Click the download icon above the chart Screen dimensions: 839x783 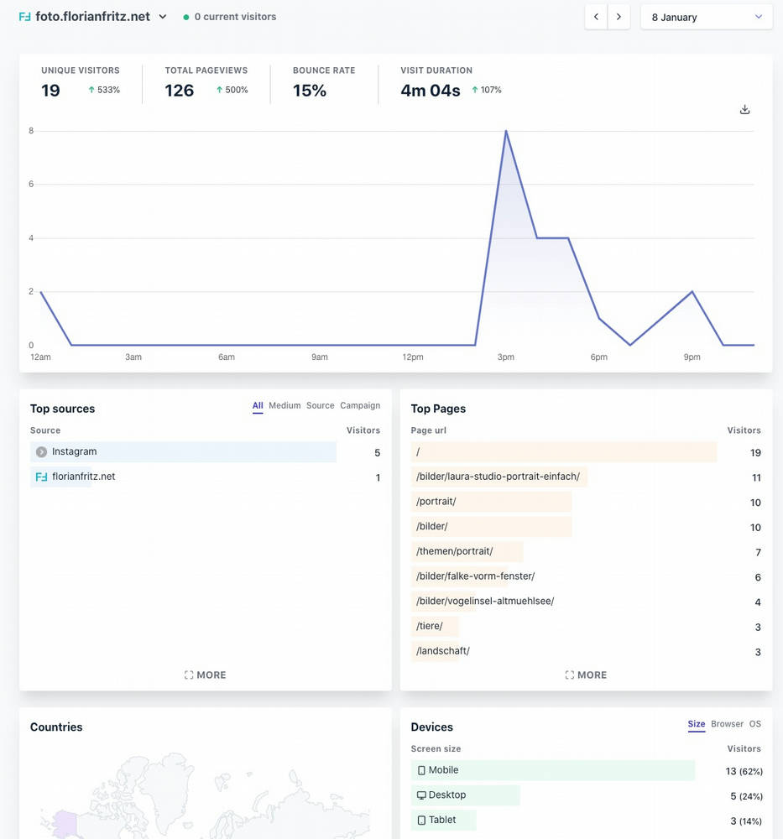tap(744, 110)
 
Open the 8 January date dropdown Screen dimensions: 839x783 tap(707, 17)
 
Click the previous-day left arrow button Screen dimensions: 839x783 tap(596, 17)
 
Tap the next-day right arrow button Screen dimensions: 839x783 tap(619, 17)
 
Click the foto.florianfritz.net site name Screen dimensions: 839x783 tap(92, 17)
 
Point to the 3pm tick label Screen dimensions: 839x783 tap(505, 357)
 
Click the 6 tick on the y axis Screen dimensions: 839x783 tap(31, 185)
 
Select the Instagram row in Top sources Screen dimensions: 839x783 tap(74, 452)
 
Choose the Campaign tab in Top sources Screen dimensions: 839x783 tap(360, 406)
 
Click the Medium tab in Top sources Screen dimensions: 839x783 tap(284, 406)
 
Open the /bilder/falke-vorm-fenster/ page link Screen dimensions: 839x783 tap(475, 576)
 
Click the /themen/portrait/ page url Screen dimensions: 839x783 tap(454, 552)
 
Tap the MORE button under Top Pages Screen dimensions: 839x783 tap(586, 675)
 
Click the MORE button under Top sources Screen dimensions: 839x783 tap(205, 675)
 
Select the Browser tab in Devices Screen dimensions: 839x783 tap(727, 724)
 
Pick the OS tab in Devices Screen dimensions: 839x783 tap(755, 724)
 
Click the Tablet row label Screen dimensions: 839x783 tap(441, 820)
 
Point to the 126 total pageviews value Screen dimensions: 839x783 tap(180, 91)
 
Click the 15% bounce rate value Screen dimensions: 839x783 tap(310, 91)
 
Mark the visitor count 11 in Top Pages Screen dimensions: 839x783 tap(756, 477)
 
